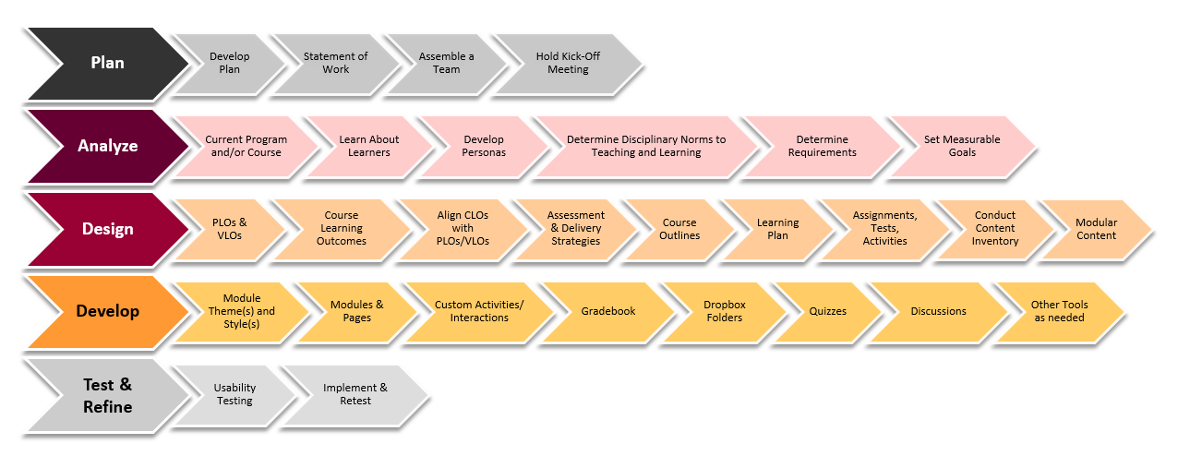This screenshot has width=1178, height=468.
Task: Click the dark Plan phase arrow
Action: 106,63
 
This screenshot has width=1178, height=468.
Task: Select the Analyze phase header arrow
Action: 106,146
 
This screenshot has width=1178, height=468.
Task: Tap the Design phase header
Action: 106,229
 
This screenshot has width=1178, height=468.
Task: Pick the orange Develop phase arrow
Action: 106,311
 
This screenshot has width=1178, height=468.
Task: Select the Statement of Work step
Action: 335,63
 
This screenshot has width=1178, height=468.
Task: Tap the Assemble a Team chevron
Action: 446,63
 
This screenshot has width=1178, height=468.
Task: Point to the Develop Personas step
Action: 484,146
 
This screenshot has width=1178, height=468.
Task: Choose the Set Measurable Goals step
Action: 961,146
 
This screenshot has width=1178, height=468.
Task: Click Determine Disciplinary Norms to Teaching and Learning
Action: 646,146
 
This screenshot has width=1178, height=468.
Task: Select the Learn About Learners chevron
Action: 369,146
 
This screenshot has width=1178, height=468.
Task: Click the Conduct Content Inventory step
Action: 994,229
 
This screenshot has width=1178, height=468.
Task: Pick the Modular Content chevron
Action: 1096,229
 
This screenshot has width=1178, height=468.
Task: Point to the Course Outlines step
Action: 679,229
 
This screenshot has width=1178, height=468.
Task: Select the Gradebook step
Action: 608,311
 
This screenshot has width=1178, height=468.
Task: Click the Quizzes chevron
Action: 827,311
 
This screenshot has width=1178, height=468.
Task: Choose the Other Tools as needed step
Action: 1059,311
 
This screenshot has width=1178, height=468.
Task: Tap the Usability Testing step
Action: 234,395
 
